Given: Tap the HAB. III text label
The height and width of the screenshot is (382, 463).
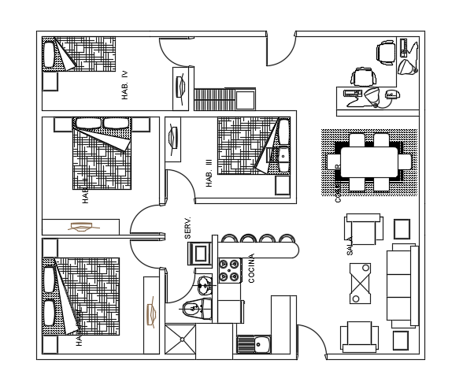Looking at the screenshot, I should click(209, 172).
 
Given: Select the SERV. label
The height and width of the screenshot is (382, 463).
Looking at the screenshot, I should click(188, 228).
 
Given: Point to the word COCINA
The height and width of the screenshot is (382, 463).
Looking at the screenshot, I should click(251, 268).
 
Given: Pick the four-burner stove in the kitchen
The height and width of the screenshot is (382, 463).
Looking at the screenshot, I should click(230, 270).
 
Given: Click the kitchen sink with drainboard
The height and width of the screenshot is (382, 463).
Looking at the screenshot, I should click(254, 344).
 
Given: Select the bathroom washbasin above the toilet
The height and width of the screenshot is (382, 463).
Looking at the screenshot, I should click(205, 284).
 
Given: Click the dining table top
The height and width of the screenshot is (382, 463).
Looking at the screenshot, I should click(370, 162).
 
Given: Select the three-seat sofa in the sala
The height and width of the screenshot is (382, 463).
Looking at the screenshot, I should click(402, 284).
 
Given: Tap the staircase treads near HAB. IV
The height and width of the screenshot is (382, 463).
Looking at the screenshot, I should click(213, 99).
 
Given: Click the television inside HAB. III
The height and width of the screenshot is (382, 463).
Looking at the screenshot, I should click(173, 139).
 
